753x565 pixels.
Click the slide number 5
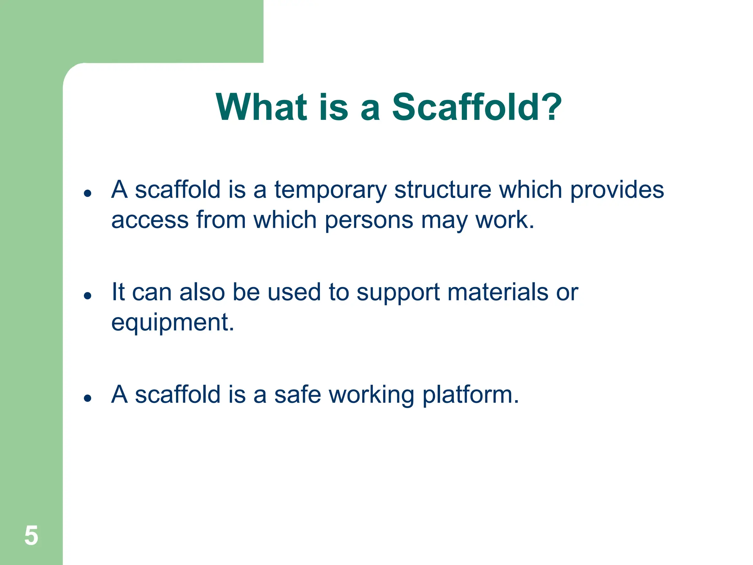pos(31,536)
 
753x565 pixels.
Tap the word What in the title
pos(261,107)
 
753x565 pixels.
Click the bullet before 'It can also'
pos(88,295)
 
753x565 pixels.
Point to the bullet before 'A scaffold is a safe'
pos(88,398)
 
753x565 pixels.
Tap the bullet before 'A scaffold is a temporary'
pos(88,193)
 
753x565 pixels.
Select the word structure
pos(443,190)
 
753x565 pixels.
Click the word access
pos(150,220)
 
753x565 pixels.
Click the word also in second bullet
pos(202,292)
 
